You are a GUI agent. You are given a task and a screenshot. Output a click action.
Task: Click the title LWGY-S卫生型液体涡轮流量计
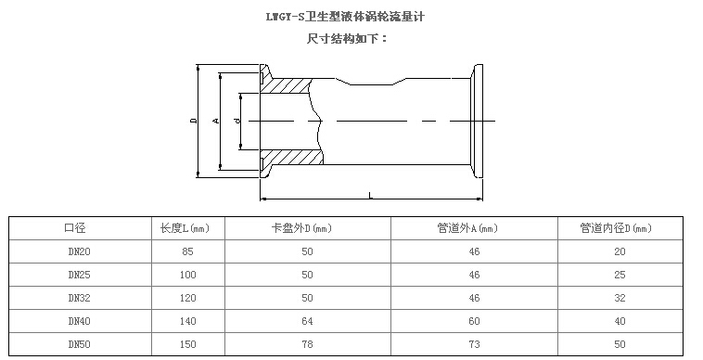345,17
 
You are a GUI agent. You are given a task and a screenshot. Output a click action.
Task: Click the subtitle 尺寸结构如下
348,39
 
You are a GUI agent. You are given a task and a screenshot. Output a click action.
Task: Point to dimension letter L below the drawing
371,195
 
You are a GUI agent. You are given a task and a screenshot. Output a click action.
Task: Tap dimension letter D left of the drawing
194,120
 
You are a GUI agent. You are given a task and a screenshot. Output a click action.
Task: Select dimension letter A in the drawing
216,120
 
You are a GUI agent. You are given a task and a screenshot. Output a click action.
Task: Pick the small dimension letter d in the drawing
237,120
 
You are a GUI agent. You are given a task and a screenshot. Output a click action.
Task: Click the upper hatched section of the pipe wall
286,85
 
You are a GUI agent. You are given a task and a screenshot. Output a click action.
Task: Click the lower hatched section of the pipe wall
291,157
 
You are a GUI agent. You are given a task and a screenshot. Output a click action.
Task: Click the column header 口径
75,228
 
